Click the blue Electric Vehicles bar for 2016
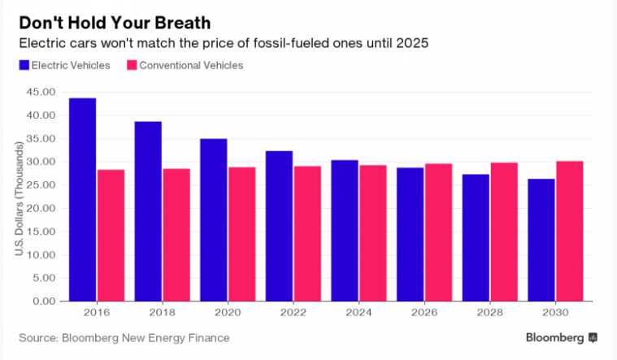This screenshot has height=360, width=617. click(x=83, y=199)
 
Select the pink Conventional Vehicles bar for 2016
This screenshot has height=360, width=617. click(x=111, y=235)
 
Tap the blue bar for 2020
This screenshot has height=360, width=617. click(x=214, y=219)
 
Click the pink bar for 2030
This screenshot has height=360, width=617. click(x=570, y=231)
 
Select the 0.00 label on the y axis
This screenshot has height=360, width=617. click(x=46, y=301)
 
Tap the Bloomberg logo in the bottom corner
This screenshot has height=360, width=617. click(x=561, y=337)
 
